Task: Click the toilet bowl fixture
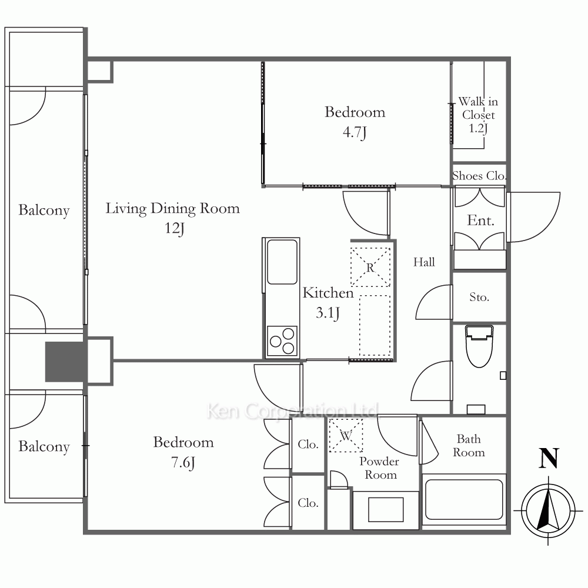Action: (479, 346)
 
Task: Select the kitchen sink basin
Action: (282, 262)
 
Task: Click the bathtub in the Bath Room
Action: (464, 500)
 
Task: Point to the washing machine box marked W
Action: (346, 435)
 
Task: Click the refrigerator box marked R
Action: (370, 267)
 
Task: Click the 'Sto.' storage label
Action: (479, 297)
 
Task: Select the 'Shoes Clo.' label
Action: (479, 175)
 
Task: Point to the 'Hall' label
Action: (424, 262)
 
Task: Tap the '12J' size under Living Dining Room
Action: (175, 228)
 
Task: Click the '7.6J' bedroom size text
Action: (183, 462)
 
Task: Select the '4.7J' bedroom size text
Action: (355, 132)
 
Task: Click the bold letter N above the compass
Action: (549, 458)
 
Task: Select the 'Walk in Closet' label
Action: (478, 108)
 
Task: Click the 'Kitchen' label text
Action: (328, 293)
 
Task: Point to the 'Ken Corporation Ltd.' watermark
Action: (293, 410)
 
